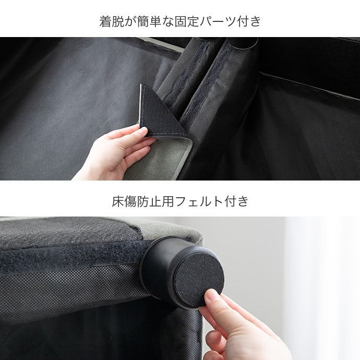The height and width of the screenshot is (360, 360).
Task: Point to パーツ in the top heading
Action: [218, 21]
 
